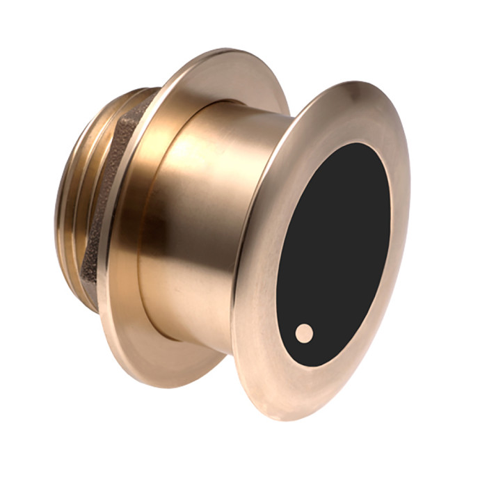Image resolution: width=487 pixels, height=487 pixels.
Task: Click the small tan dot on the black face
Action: pos(304,333)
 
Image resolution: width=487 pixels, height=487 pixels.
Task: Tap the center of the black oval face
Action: pos(333,254)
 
